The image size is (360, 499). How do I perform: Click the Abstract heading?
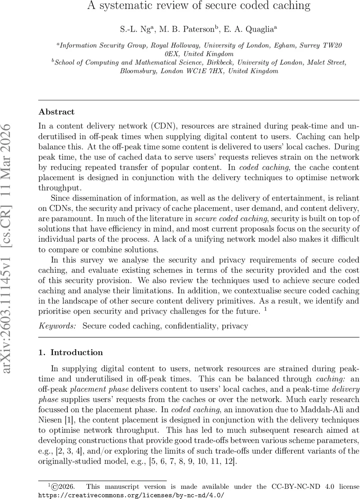pos(57,112)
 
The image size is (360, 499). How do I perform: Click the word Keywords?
pos(57,326)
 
